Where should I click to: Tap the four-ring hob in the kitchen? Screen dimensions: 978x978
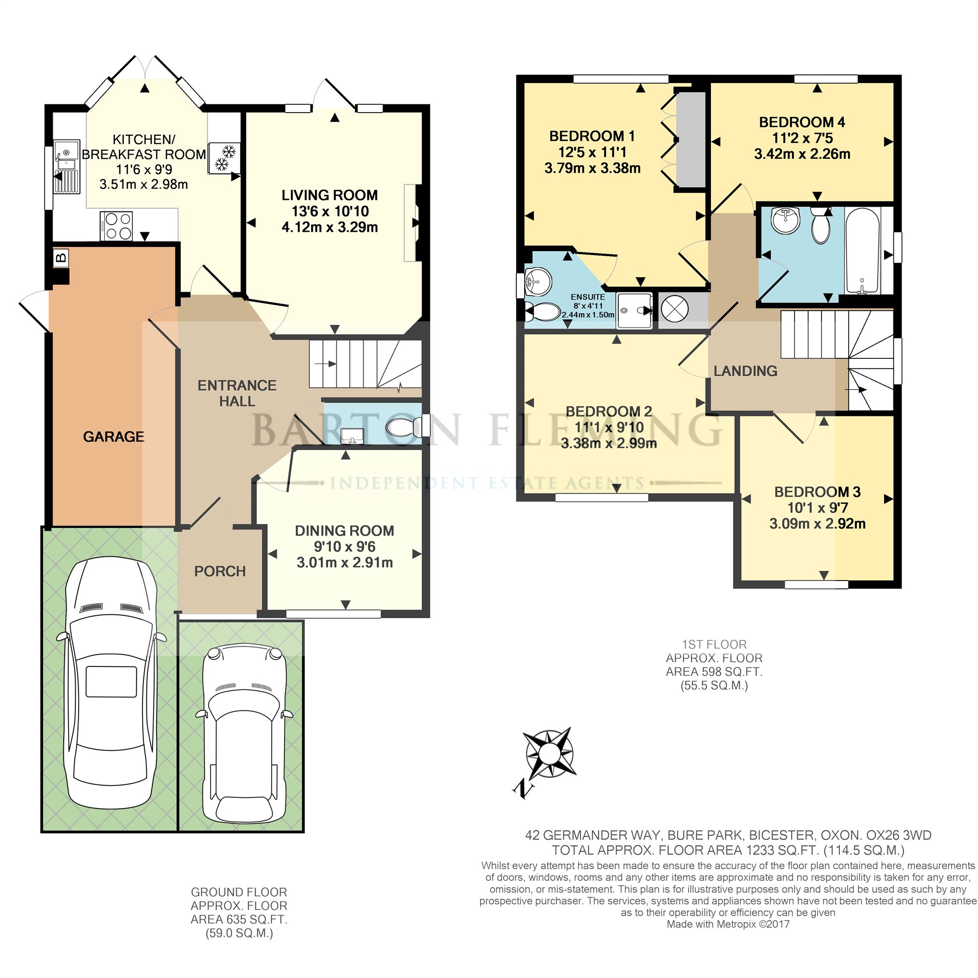[117, 226]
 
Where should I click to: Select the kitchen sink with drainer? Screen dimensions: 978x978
[66, 167]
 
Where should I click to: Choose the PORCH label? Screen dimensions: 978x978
[220, 571]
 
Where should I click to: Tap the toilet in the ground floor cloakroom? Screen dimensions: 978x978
[404, 427]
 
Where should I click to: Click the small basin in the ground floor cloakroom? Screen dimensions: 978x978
[353, 435]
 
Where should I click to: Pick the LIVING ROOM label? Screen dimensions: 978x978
[329, 195]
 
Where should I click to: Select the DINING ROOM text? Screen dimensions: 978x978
[344, 530]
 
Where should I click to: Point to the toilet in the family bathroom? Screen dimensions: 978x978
[820, 226]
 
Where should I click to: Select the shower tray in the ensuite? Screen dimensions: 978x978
[635, 309]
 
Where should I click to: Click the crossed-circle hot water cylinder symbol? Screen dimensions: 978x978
[675, 309]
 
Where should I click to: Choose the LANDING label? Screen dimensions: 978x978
[745, 371]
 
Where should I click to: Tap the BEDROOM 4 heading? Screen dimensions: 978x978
[802, 122]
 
